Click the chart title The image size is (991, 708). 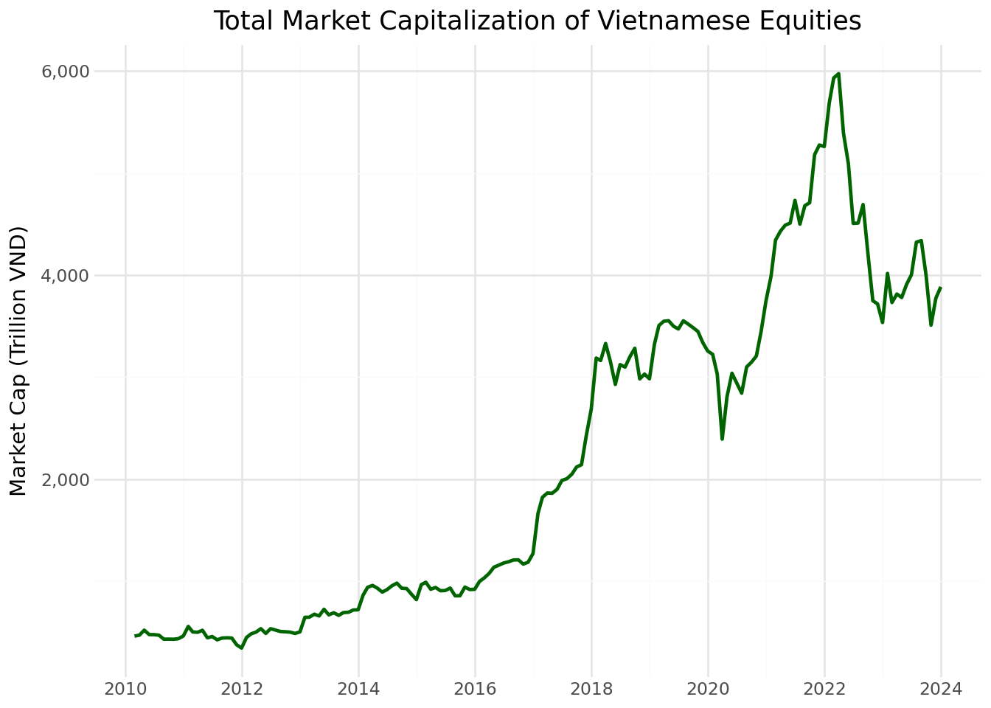click(537, 21)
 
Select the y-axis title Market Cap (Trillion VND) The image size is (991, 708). click(18, 361)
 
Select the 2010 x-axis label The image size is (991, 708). click(125, 690)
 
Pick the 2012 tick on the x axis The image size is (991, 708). click(242, 690)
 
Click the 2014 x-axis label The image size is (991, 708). click(358, 690)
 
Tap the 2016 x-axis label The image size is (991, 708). click(475, 690)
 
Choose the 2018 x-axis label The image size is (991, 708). click(591, 690)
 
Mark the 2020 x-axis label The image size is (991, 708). click(708, 690)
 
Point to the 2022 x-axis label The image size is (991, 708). click(824, 690)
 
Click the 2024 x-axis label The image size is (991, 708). click(941, 690)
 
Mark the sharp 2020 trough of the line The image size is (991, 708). click(722, 439)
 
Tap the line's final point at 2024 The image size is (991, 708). click(941, 288)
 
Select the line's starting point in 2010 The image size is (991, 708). click(135, 636)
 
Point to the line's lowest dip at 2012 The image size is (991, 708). click(241, 648)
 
